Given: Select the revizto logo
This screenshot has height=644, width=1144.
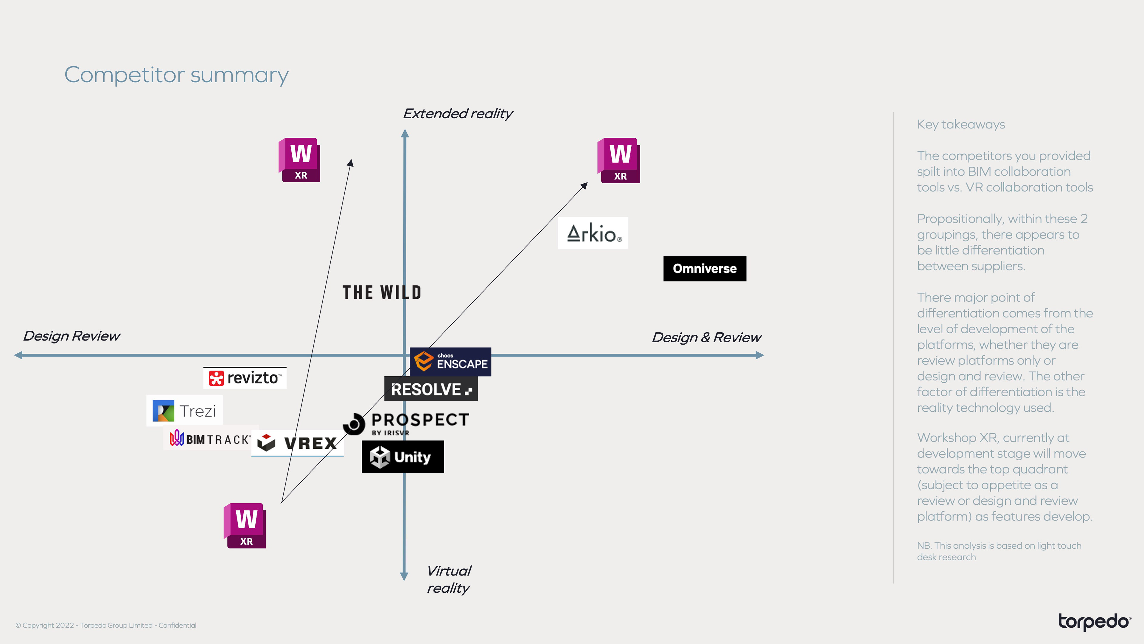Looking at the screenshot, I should click(x=245, y=378).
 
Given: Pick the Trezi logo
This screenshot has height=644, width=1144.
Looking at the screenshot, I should click(x=184, y=411).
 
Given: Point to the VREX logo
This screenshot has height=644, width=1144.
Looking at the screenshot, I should click(x=298, y=443).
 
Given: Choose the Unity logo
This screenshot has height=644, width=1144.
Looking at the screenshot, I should click(x=402, y=456).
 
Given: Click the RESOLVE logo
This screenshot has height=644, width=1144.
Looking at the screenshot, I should click(x=431, y=389).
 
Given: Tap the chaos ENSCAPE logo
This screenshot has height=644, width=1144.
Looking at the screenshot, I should click(x=450, y=361).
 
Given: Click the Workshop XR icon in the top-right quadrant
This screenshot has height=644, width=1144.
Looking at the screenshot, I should click(x=619, y=160).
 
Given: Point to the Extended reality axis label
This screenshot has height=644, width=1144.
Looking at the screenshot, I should click(x=457, y=114).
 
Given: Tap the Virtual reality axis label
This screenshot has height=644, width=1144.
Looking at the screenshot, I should click(x=449, y=579).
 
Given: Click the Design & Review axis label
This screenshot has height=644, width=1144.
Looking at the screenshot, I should click(x=706, y=337).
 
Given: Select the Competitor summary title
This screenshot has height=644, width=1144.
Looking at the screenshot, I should click(x=176, y=75).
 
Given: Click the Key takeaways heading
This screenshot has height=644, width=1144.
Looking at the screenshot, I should click(x=960, y=124).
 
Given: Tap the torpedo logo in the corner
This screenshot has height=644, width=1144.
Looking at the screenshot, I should click(x=1094, y=621).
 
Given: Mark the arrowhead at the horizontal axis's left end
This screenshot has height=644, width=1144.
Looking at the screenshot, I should click(x=18, y=355).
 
